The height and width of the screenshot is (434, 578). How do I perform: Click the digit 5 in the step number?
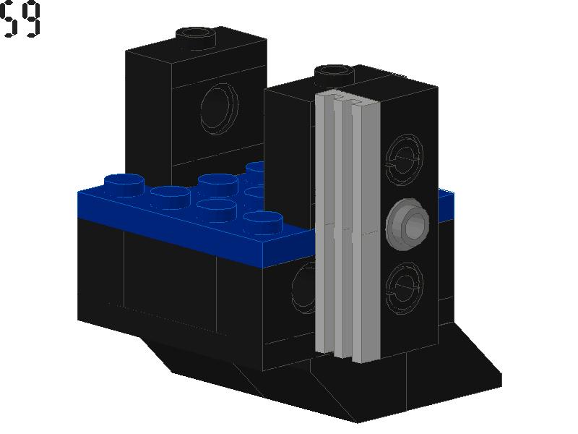pyautogui.click(x=8, y=20)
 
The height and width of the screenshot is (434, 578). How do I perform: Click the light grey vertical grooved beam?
pyautogui.click(x=348, y=226)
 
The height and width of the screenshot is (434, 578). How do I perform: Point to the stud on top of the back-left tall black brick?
pyautogui.click(x=196, y=37)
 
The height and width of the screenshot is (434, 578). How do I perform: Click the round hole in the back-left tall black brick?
pyautogui.click(x=219, y=109)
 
